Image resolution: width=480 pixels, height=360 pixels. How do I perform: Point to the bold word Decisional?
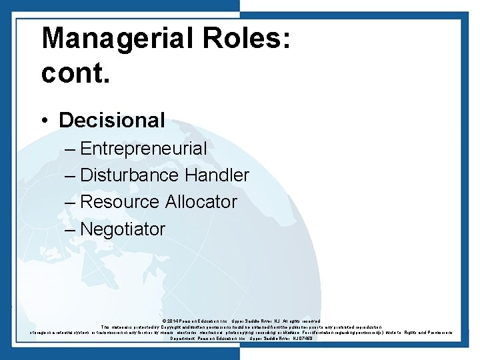click(112, 120)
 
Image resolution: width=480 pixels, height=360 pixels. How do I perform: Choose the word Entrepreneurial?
click(143, 149)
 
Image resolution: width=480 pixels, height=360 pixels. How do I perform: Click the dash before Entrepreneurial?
click(71, 149)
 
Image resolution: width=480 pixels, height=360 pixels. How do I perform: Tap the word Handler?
click(217, 175)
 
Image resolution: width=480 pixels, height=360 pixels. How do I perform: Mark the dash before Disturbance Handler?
click(71, 175)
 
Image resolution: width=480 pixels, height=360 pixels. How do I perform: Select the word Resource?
click(120, 202)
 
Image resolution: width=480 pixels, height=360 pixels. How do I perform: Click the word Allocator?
click(201, 202)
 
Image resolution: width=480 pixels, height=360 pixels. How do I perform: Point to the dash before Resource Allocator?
click(71, 202)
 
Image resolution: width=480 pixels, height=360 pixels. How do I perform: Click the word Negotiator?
click(123, 229)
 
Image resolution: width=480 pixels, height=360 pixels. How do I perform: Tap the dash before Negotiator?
click(71, 229)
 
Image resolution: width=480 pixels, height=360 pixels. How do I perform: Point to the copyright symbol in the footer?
click(164, 321)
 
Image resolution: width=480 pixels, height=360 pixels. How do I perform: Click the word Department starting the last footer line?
click(184, 339)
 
